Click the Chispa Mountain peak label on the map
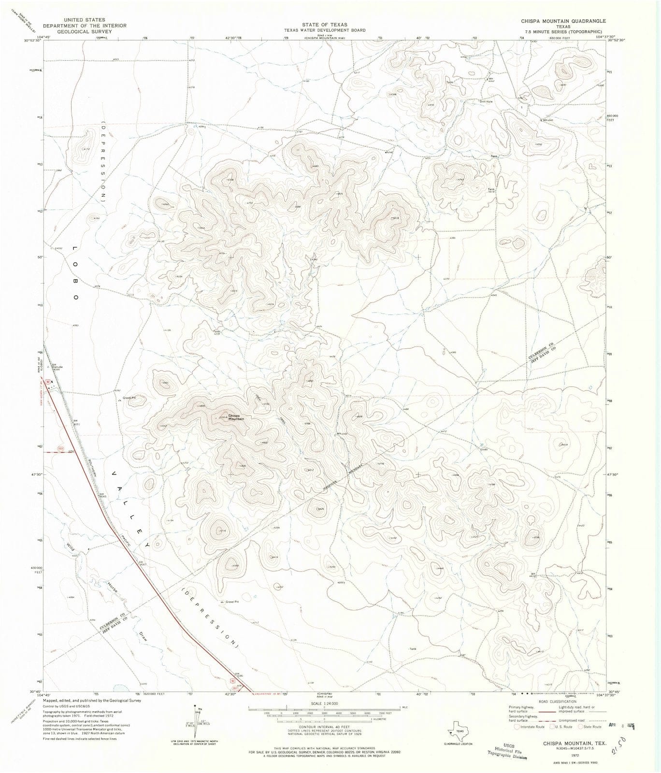236,416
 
